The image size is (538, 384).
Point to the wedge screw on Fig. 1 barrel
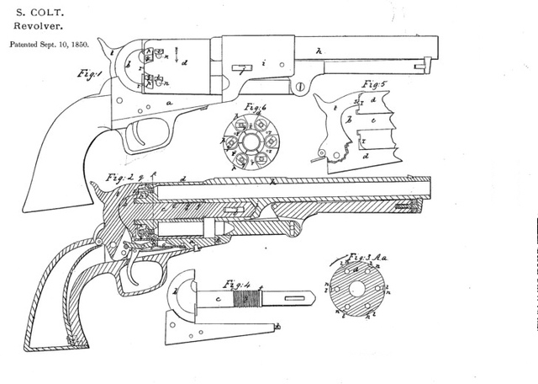tap(299, 87)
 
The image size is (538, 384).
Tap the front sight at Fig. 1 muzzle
tap(428, 61)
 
